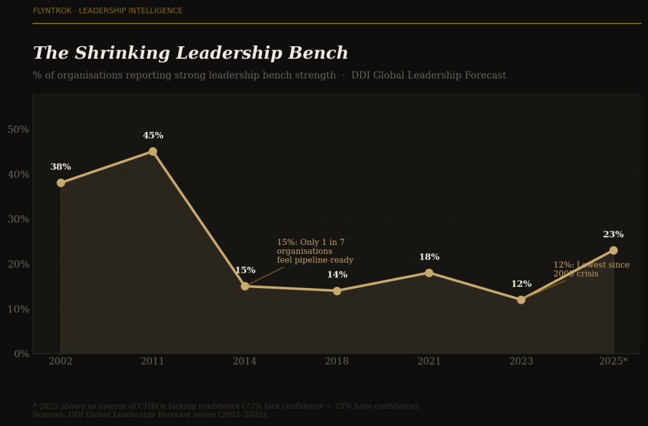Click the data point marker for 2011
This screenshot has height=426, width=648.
click(153, 151)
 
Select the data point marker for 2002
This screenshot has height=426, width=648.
click(61, 183)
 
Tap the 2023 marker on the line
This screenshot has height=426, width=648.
click(521, 300)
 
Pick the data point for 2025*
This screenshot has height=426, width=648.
click(613, 251)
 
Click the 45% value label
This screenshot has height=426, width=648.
click(153, 135)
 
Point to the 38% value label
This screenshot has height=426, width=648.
click(61, 167)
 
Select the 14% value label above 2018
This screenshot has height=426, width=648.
click(337, 275)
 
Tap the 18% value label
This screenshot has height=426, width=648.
click(429, 257)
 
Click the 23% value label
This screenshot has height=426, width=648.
click(613, 235)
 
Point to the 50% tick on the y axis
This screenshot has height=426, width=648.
click(18, 129)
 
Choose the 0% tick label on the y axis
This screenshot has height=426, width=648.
click(21, 354)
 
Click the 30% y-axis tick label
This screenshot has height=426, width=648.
click(18, 219)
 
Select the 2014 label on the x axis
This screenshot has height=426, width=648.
click(245, 361)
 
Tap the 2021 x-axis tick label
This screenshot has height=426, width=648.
click(429, 361)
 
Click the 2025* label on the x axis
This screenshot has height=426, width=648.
click(613, 361)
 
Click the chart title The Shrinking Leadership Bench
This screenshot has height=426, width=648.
click(190, 54)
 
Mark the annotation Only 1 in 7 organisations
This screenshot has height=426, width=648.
click(315, 251)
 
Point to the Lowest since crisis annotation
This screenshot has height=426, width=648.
click(591, 270)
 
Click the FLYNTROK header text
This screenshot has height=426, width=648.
click(108, 11)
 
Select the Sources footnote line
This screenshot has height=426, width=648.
click(151, 415)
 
